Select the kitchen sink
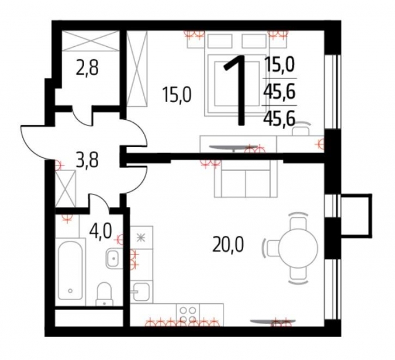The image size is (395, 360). click(x=141, y=290)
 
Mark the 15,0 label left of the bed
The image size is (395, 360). click(x=177, y=95)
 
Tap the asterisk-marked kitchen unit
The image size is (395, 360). click(x=140, y=237)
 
